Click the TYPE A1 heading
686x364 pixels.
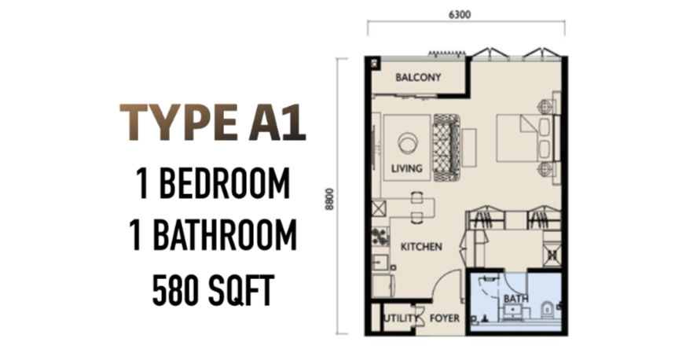213,123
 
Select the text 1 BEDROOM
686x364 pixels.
213,184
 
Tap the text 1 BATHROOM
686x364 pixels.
213,236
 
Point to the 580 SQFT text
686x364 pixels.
213,289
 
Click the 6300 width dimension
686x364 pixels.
460,14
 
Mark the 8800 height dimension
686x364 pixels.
330,199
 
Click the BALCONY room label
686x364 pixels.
418,77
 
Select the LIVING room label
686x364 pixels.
407,168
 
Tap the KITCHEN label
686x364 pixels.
421,247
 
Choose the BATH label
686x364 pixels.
515,300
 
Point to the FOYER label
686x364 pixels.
445,318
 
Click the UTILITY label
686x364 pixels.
400,318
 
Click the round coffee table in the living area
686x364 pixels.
408,143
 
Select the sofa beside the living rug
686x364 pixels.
446,148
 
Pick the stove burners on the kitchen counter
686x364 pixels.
380,236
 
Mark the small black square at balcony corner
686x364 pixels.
376,63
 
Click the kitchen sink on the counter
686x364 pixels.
377,262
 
